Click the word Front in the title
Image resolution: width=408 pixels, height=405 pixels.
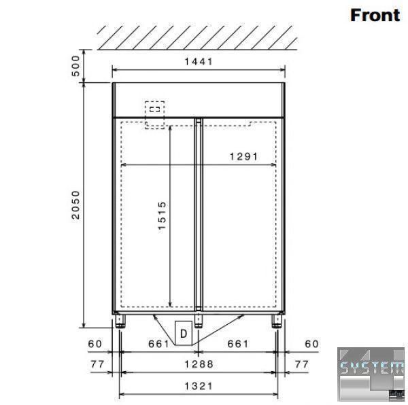click(375, 15)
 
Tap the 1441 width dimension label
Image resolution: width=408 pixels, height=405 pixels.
click(199, 62)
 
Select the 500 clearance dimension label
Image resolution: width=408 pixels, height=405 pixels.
click(75, 66)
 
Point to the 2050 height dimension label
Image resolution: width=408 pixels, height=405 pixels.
click(75, 205)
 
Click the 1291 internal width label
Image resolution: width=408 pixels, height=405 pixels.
click(244, 156)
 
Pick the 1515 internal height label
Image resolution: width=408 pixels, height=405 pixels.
click(162, 215)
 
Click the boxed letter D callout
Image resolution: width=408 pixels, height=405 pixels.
click(184, 333)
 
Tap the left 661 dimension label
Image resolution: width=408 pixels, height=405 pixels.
click(158, 344)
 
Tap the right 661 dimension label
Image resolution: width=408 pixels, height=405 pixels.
click(238, 344)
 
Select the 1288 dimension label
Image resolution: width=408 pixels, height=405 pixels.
click(199, 364)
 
